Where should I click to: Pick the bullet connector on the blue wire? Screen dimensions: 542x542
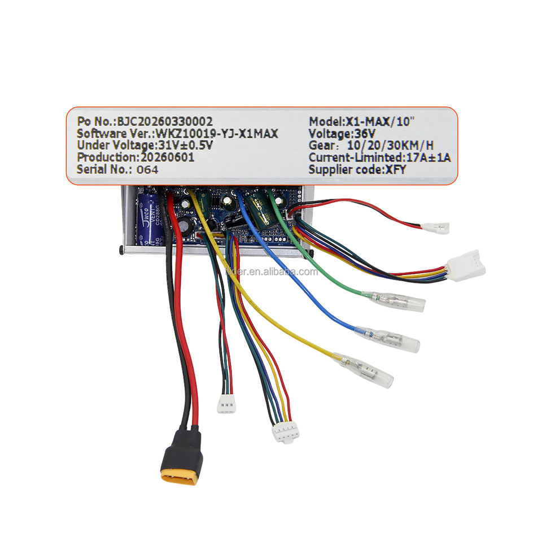387,339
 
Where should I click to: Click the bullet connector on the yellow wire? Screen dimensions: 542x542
363,370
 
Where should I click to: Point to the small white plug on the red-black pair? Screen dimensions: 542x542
435,228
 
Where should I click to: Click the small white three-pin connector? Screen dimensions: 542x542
226,404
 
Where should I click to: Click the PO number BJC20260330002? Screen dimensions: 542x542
165,122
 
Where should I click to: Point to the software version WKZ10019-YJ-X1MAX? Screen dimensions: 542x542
217,134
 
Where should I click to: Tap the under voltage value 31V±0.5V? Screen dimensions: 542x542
185,146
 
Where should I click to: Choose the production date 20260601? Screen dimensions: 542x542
167,158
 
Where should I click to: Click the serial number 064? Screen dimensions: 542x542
147,170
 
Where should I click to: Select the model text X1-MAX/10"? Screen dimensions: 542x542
380,122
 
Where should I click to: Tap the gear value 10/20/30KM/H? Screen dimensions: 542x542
391,146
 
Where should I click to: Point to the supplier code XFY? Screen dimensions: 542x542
396,170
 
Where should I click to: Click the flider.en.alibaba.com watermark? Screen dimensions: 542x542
272,272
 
